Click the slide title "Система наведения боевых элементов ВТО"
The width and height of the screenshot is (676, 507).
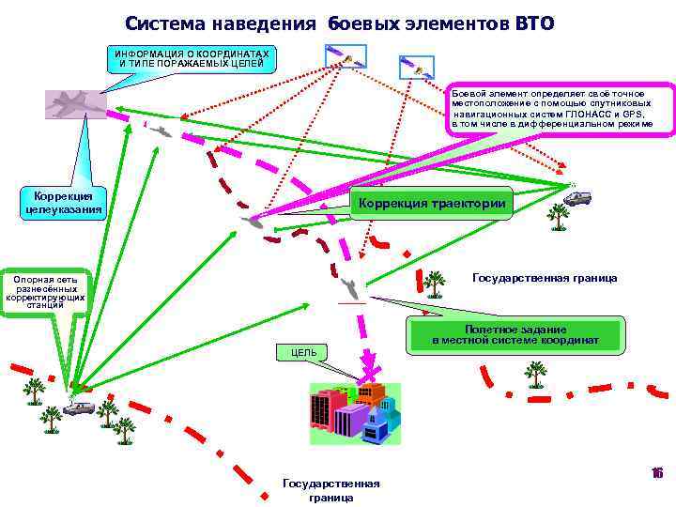(339, 22)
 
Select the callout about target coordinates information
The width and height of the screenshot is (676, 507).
(192, 58)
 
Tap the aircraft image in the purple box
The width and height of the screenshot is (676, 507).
(76, 103)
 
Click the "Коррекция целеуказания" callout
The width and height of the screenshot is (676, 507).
(63, 202)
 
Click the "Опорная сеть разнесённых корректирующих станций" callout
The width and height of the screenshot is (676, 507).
(45, 292)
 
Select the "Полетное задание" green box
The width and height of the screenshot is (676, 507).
(515, 335)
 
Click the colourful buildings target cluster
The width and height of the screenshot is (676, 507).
(355, 411)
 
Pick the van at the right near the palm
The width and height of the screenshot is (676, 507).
(577, 197)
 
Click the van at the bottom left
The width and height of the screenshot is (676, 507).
(78, 408)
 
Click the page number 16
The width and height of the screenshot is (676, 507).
(657, 474)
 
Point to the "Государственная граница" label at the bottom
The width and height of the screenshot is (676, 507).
(331, 490)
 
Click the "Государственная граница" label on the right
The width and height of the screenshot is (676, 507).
(545, 278)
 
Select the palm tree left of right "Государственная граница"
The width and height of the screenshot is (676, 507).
(434, 282)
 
